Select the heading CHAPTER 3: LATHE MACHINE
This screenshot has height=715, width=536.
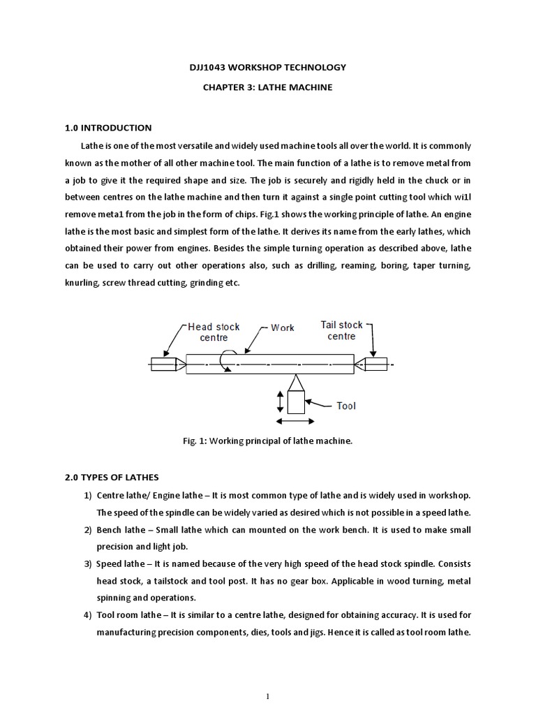[x=269, y=88]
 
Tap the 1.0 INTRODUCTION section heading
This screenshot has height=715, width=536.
[x=107, y=128]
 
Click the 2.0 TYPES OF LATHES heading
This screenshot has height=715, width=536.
[x=111, y=477]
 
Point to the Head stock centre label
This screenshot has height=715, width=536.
[x=214, y=332]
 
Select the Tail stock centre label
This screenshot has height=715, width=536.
[x=341, y=330]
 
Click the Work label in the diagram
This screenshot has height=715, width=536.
[x=283, y=327]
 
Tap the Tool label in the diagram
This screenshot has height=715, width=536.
[x=346, y=406]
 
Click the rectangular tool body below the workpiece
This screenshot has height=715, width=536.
[x=296, y=403]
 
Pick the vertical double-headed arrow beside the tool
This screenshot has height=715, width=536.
[x=280, y=401]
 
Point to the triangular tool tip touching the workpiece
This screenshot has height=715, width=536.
[x=296, y=383]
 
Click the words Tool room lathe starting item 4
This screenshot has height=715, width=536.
[x=129, y=615]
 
